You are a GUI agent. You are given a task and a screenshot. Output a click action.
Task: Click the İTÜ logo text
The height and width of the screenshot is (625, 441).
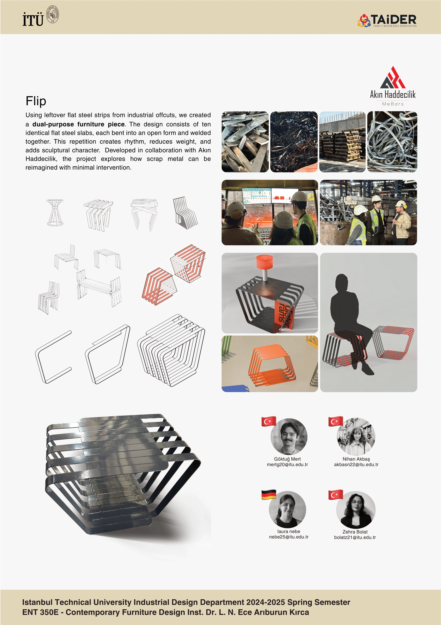point(33,19)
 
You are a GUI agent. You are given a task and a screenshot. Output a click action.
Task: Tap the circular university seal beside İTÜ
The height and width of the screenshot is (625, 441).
point(53,14)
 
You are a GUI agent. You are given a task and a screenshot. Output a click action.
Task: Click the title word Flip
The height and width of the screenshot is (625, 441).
point(36,101)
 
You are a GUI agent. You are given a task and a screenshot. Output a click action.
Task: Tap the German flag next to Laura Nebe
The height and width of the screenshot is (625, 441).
point(269,495)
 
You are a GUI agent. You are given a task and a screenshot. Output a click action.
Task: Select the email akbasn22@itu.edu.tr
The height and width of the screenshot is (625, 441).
point(356,465)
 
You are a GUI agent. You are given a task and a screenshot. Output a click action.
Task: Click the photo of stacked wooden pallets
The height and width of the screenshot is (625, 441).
point(342,142)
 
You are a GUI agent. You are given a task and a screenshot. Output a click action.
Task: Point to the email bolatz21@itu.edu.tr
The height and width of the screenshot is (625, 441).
point(355,537)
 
